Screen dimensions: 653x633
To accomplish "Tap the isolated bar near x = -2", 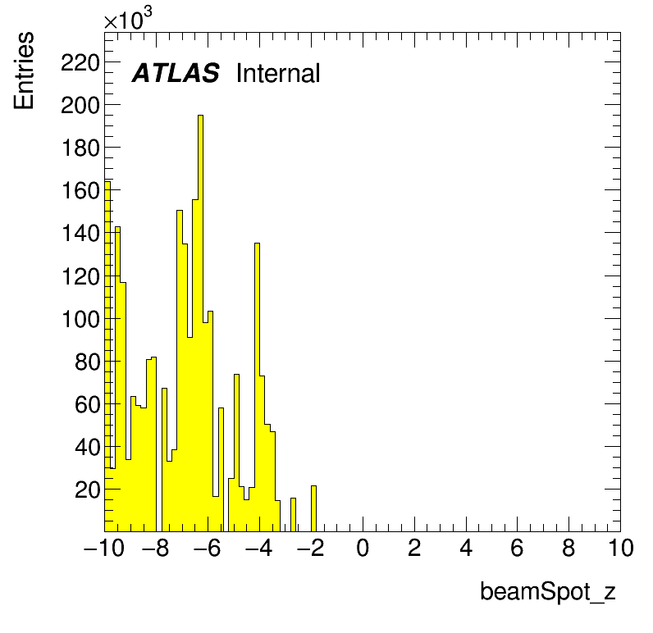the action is click(x=313, y=508).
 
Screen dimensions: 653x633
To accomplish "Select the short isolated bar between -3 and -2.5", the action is click(x=293, y=515).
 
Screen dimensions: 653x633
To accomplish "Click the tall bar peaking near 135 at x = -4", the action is click(x=257, y=387).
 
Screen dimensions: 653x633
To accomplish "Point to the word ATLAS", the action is click(x=176, y=73).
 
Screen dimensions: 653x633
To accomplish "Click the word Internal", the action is click(x=278, y=73).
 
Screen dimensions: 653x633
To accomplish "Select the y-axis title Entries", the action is click(x=24, y=71).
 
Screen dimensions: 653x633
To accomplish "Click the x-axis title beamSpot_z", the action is click(x=548, y=591).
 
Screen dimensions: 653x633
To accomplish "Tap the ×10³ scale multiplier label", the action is click(x=128, y=18).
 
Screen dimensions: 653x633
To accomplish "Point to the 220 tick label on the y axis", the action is click(x=80, y=64).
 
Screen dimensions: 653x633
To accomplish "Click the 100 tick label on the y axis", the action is click(x=80, y=320).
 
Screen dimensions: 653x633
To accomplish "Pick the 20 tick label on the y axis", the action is click(x=88, y=490).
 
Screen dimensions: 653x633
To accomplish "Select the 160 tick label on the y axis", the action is click(x=80, y=191).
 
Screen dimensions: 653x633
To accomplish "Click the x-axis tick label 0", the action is click(x=363, y=548).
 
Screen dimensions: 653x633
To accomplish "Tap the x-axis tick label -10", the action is click(x=104, y=548).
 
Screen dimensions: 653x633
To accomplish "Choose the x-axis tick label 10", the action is click(x=621, y=548).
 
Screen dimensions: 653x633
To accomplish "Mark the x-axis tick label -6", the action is click(x=208, y=548).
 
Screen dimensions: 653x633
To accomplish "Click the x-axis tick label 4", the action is click(x=466, y=548).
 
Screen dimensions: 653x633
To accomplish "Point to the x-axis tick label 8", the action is click(x=569, y=548).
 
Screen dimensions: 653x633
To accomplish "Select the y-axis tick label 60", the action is click(x=88, y=405).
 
